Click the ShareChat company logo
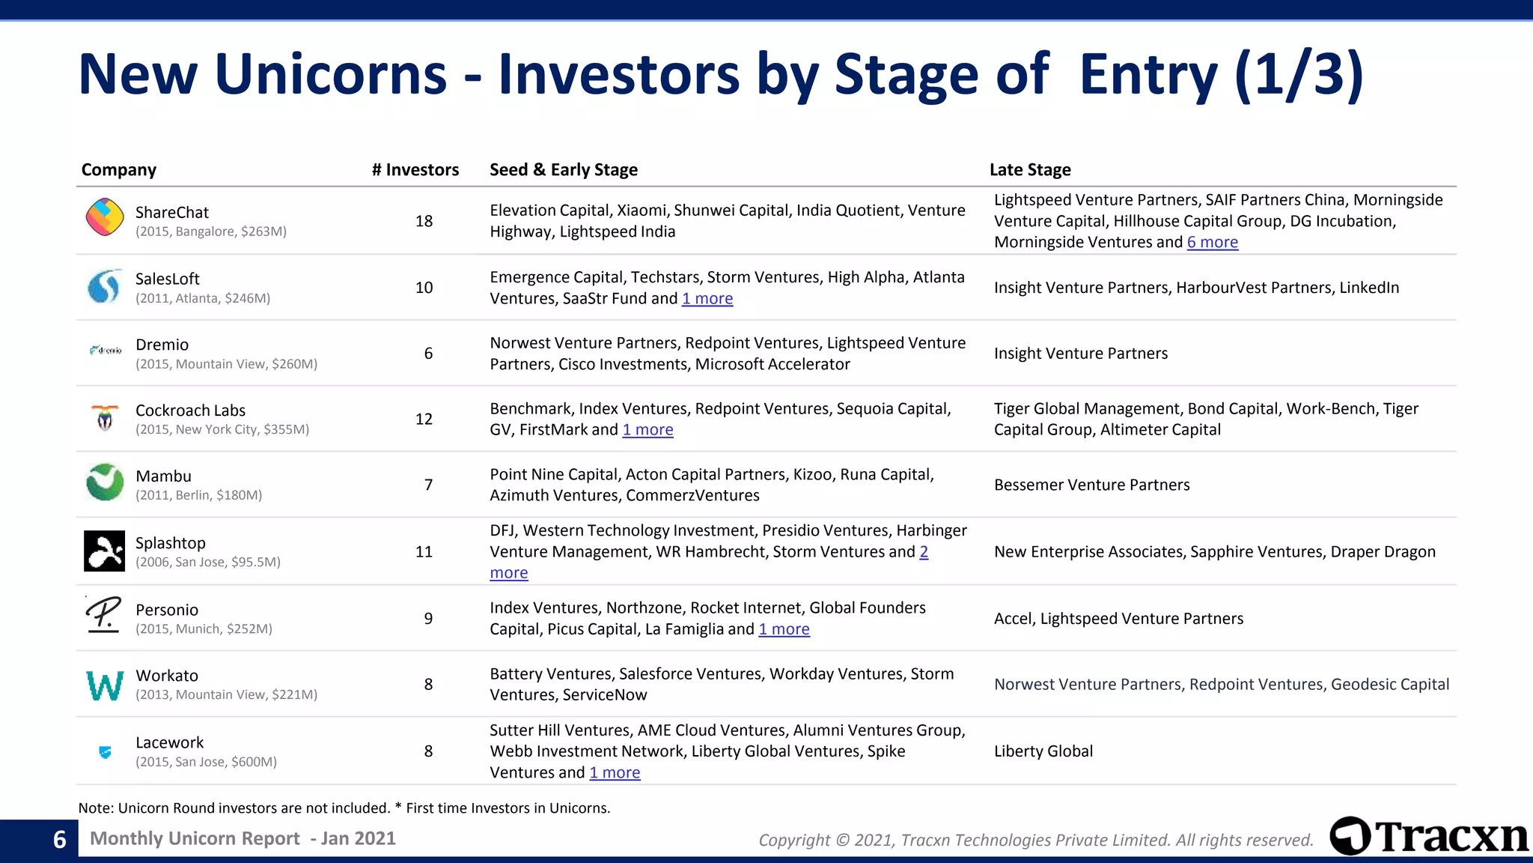click(x=105, y=217)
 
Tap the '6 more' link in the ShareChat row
click(x=1212, y=243)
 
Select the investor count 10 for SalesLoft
click(x=424, y=288)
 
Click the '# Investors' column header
click(x=415, y=170)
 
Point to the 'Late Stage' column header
click(x=1029, y=170)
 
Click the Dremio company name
click(x=162, y=345)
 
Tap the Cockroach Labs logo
click(x=105, y=418)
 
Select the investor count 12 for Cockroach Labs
click(x=424, y=419)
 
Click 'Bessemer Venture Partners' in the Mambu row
click(x=1091, y=485)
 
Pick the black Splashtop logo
click(x=105, y=551)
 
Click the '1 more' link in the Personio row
click(x=784, y=629)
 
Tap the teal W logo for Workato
click(x=105, y=685)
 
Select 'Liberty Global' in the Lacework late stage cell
click(x=1043, y=751)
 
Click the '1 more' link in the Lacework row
click(x=615, y=773)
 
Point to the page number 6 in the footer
click(x=60, y=840)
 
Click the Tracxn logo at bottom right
click(x=1429, y=837)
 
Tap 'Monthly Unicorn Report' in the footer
click(x=195, y=839)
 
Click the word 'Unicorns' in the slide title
click(x=330, y=75)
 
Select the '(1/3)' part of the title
click(x=1299, y=75)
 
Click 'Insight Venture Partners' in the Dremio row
click(x=1080, y=354)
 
